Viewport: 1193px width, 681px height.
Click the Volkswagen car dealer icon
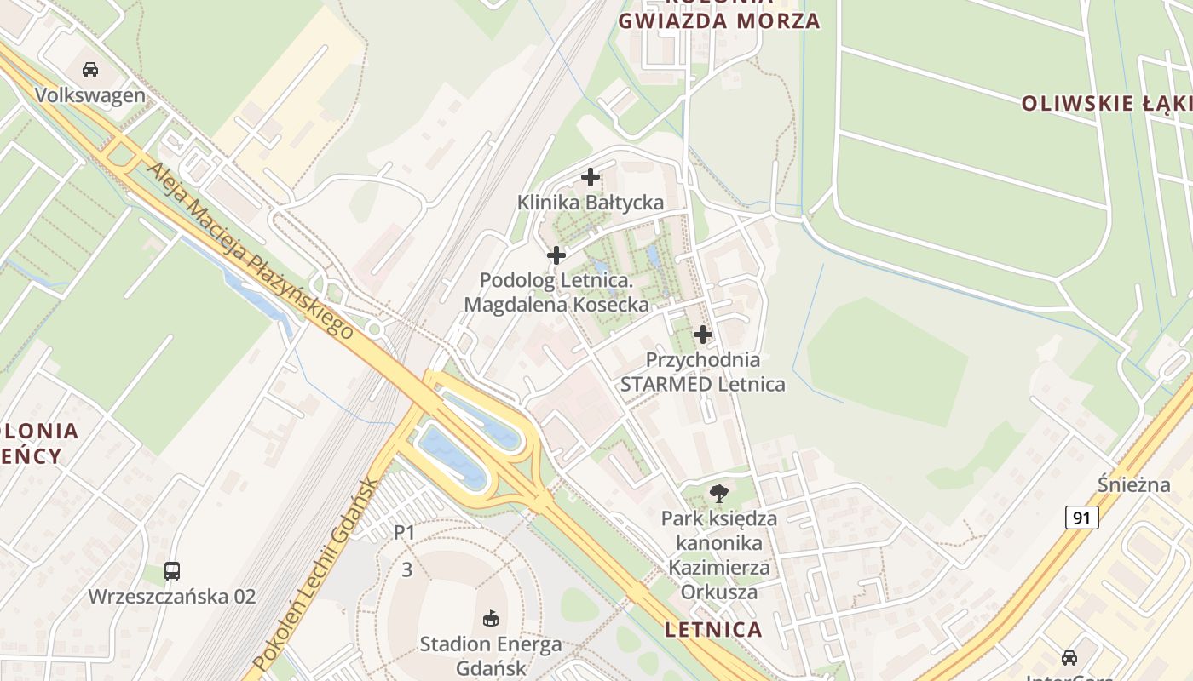tap(90, 69)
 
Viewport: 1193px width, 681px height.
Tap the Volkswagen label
tap(90, 94)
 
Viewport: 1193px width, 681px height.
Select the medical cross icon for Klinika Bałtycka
tap(591, 177)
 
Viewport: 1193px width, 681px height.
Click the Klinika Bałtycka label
tap(591, 203)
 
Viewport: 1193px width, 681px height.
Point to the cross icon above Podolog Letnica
tap(556, 255)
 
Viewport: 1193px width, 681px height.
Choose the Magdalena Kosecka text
tap(556, 304)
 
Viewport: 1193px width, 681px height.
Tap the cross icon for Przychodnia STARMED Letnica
tap(703, 335)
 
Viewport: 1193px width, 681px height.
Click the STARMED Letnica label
tap(703, 384)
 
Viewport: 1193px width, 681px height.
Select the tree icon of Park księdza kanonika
tap(719, 493)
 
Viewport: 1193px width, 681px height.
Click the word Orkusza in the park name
tap(719, 591)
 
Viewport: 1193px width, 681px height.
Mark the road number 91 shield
tap(1081, 517)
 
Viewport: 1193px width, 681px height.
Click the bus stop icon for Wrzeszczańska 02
tap(172, 571)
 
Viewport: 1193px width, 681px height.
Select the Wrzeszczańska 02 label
tap(172, 596)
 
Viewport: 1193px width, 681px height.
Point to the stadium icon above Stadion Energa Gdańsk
tap(490, 618)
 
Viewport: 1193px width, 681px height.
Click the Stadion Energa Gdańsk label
tap(490, 655)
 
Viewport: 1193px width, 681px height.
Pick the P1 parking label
tap(404, 533)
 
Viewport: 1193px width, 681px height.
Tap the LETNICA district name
tap(713, 630)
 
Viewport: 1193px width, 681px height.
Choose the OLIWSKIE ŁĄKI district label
tap(1106, 104)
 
